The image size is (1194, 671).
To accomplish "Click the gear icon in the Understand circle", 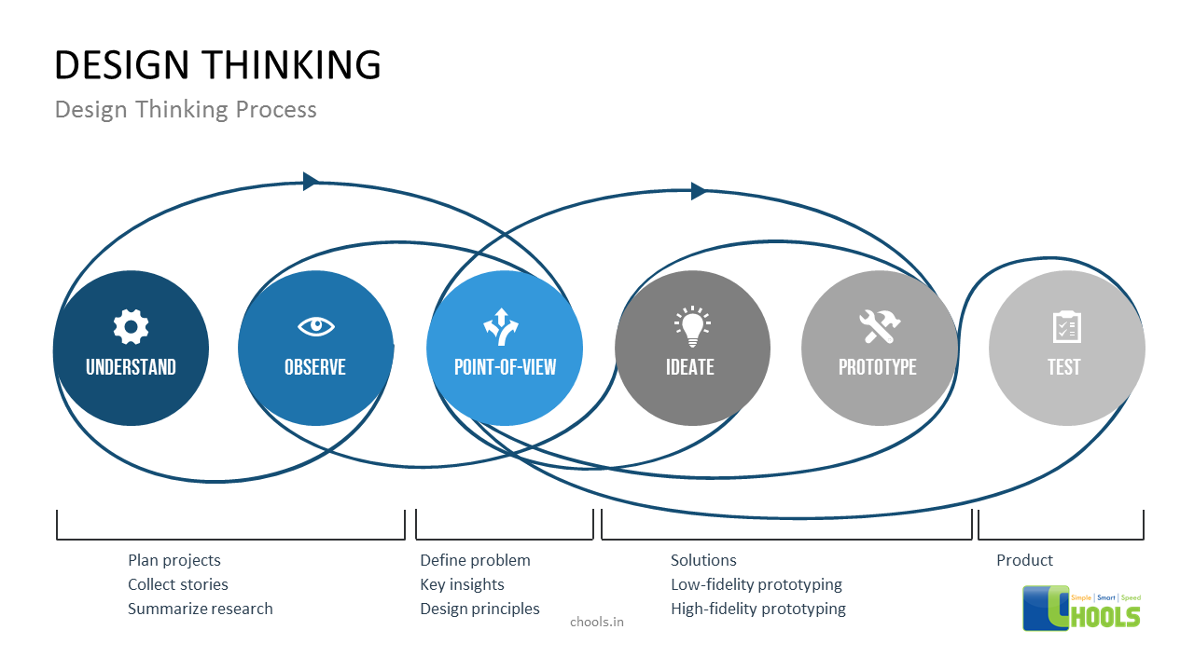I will [x=131, y=326].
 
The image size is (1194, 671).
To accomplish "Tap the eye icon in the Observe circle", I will [x=315, y=326].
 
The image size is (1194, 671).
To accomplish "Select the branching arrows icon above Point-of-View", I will [x=501, y=326].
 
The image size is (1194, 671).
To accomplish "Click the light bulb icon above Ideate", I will [x=691, y=325].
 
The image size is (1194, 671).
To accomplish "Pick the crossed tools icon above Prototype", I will [x=879, y=326].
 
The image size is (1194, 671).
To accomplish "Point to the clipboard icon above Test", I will [x=1066, y=326].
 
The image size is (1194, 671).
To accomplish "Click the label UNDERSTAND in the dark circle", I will [x=131, y=367].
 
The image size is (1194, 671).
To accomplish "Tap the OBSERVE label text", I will [x=315, y=367].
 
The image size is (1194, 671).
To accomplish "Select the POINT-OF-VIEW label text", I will [x=505, y=367].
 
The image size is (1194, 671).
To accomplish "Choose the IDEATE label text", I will [x=690, y=367].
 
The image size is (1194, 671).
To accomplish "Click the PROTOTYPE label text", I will [x=878, y=367].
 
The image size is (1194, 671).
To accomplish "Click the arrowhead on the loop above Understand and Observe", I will [x=311, y=181].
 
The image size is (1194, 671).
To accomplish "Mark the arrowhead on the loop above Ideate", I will [x=699, y=191].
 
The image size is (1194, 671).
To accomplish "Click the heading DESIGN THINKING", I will [x=217, y=65].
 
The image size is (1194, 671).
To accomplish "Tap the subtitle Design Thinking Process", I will [x=186, y=109].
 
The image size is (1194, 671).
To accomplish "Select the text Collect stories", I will [x=178, y=584].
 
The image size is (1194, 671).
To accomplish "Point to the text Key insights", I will [x=462, y=584].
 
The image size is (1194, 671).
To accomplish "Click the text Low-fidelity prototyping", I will [x=757, y=584].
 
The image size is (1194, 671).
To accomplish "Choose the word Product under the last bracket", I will [x=1024, y=560].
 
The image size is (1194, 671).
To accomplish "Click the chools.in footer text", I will [x=597, y=622].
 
